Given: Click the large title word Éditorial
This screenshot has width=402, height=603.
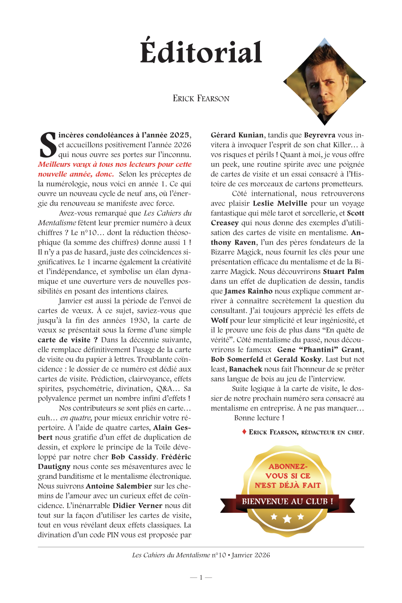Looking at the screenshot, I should pos(201,53).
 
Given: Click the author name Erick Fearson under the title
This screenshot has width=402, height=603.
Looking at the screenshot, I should pos(201,99).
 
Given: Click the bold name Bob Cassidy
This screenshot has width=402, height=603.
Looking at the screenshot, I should pos(134,457).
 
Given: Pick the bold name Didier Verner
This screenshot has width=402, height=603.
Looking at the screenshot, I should pos(137,506).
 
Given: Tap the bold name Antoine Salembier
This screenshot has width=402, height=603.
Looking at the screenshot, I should pos(119,486).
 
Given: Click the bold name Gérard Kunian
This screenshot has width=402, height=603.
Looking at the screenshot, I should pos(237,135).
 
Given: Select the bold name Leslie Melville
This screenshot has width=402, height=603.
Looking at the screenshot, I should pos(280,203).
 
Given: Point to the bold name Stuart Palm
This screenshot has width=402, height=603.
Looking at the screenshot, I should pos(343,272).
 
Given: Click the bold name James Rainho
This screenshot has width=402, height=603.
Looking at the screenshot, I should pos(248,291).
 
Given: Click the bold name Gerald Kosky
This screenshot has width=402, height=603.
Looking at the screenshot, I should pos(297,360).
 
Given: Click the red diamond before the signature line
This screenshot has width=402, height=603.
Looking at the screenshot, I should pos(244,432).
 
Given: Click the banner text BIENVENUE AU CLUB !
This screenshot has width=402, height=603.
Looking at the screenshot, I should pos(287,502).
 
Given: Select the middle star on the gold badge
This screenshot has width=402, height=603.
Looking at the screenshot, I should pos(287,518).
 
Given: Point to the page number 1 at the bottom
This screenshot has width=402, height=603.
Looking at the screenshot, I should pos(201,577).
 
